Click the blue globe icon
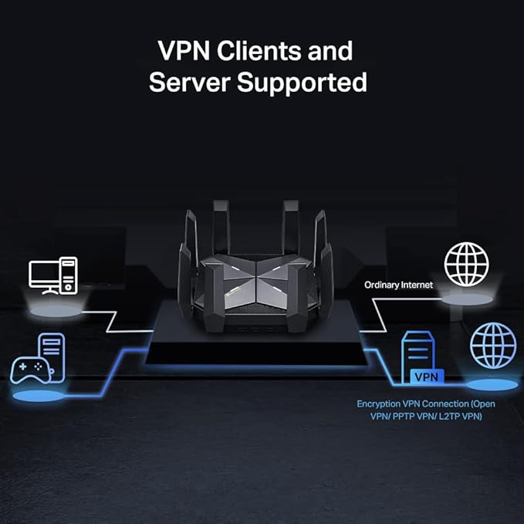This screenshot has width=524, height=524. (493, 345)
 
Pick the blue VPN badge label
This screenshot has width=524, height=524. (425, 377)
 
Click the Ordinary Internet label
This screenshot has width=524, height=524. (399, 286)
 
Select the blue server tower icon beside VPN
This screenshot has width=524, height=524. (417, 354)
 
